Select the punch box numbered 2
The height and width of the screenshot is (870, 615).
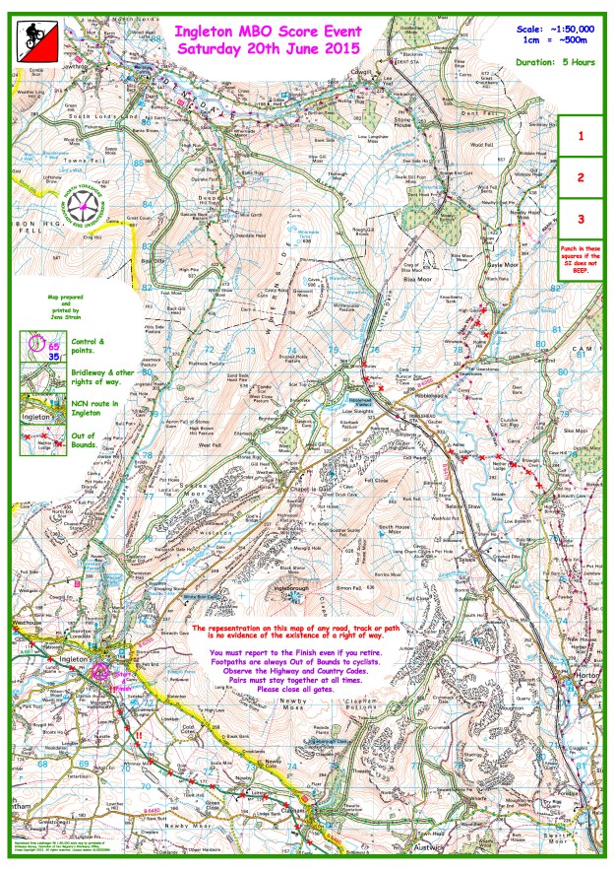coord(581,177)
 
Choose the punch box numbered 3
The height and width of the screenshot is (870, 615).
coord(581,219)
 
